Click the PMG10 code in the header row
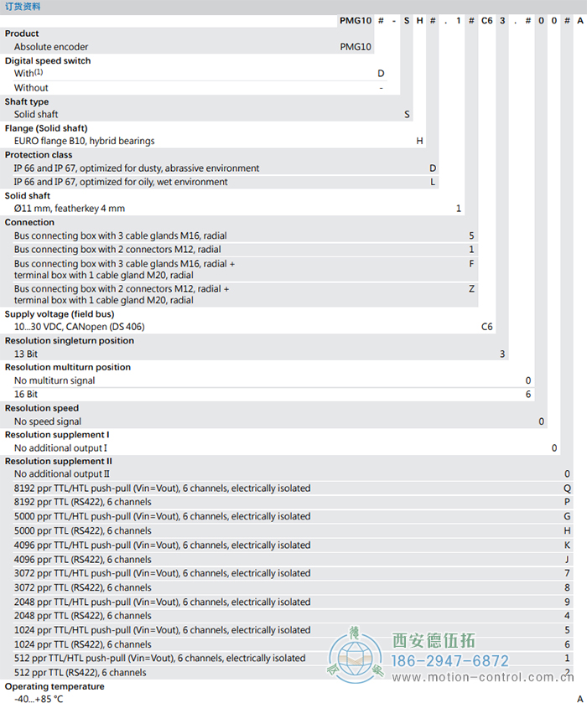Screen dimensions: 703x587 click(x=356, y=19)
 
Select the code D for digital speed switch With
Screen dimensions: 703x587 click(x=381, y=74)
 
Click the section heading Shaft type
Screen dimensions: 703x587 click(x=27, y=101)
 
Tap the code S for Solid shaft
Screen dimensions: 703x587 click(x=408, y=114)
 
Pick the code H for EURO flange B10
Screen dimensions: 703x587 click(x=420, y=141)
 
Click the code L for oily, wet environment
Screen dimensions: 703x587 click(x=433, y=182)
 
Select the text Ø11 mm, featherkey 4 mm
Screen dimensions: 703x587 click(x=69, y=209)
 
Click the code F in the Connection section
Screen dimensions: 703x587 click(x=472, y=263)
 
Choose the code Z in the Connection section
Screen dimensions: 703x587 click(x=472, y=288)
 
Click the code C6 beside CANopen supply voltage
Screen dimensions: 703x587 click(x=486, y=327)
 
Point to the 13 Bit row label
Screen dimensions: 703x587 click(x=26, y=354)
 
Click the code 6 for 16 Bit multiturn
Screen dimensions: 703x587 click(x=528, y=394)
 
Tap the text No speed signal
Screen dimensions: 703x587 click(x=48, y=421)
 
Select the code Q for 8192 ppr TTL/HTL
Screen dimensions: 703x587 click(x=568, y=488)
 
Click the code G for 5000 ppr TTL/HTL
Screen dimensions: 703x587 click(x=568, y=516)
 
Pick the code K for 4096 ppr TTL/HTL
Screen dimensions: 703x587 click(x=568, y=545)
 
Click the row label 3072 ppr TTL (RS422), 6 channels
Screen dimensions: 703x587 click(x=83, y=587)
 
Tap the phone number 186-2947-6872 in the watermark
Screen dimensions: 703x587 click(x=451, y=661)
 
